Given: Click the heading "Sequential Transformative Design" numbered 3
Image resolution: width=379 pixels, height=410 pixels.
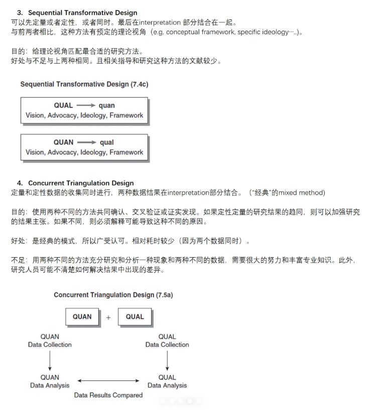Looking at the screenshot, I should tap(82, 13).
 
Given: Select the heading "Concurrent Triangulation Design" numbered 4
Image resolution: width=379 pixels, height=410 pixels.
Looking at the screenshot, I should tap(81, 183).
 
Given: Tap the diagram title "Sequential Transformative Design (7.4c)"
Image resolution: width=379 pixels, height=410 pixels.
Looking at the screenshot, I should tap(84, 84).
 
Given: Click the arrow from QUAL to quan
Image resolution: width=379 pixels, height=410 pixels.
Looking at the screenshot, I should tap(86, 105).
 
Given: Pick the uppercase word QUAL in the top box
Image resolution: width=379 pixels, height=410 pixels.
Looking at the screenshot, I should tap(63, 105).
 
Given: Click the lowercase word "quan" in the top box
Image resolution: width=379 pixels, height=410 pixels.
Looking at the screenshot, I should tap(106, 105).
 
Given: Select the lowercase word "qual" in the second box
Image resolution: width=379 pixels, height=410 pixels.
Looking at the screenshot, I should tap(106, 142).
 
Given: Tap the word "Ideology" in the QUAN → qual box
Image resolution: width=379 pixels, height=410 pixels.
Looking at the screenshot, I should tap(93, 152).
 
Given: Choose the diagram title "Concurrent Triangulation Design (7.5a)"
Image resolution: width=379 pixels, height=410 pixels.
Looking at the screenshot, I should tap(113, 295).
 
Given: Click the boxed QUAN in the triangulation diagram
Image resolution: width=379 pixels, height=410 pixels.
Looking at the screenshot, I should tap(82, 317).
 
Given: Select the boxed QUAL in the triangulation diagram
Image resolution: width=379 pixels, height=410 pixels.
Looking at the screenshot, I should tap(135, 317).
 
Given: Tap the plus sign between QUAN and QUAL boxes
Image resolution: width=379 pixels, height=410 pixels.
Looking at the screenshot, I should tap(108, 317).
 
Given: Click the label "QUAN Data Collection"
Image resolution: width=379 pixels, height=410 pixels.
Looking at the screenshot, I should tap(50, 341).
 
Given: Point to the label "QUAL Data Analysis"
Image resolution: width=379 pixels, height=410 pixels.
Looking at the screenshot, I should tap(167, 381).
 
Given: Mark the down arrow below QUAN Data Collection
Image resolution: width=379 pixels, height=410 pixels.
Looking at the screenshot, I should tap(50, 360).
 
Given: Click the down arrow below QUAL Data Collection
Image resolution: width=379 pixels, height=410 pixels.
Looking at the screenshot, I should tap(167, 360).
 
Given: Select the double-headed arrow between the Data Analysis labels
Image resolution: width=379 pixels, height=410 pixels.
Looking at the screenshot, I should tap(108, 381).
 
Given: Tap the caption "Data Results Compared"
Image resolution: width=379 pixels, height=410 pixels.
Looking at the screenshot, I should tap(108, 395).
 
